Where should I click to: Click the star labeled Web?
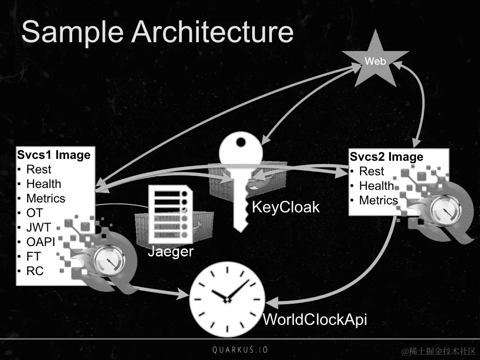pos(375,61)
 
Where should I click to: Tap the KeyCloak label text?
pos(285,207)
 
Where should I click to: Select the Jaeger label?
pos(171,252)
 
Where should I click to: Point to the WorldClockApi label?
pos(315,320)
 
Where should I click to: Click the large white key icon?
pos(241,178)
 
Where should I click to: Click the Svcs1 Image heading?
pos(53,155)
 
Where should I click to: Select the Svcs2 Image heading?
pos(386,157)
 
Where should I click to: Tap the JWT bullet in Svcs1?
pos(38,227)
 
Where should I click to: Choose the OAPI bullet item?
pos(40,242)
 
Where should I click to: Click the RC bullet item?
pos(35,271)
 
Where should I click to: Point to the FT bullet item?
pos(33,256)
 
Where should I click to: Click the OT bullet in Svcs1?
pos(34,213)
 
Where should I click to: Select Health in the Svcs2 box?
pos(376,186)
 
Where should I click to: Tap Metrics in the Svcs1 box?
pos(45,198)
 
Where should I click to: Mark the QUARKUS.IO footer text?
pos(240,350)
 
